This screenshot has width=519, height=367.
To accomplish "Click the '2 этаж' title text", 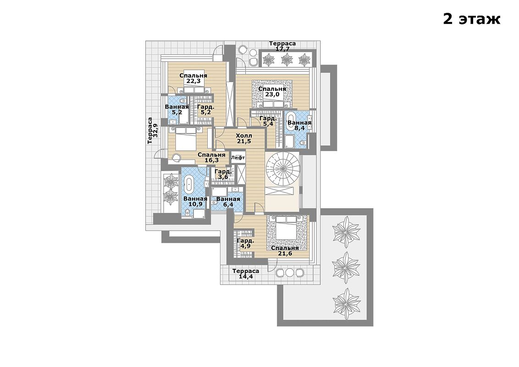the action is pyautogui.click(x=471, y=19).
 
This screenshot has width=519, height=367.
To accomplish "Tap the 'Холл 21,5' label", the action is pyautogui.click(x=244, y=139).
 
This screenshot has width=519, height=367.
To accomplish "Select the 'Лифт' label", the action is pyautogui.click(x=238, y=158).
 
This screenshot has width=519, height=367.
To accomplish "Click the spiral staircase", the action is pyautogui.click(x=282, y=169).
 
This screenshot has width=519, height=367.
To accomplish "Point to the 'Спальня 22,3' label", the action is pyautogui.click(x=193, y=78).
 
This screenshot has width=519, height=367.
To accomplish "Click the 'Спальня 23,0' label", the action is pyautogui.click(x=272, y=92).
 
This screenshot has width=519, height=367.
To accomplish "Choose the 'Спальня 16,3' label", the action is pyautogui.click(x=211, y=158).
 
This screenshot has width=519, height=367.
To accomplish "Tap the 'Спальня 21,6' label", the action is pyautogui.click(x=285, y=251).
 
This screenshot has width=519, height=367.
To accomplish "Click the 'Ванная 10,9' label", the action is pyautogui.click(x=195, y=201).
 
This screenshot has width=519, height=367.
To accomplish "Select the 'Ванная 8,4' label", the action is pyautogui.click(x=299, y=126).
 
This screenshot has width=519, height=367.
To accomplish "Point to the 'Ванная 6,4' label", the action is pyautogui.click(x=228, y=202).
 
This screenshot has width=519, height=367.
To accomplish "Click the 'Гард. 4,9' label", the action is pyautogui.click(x=245, y=244).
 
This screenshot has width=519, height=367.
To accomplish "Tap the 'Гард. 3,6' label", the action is pyautogui.click(x=223, y=174).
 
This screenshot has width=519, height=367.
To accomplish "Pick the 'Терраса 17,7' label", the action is pyautogui.click(x=282, y=46).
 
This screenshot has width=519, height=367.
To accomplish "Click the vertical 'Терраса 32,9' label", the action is pyautogui.click(x=152, y=130).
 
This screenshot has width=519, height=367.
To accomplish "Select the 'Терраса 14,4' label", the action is pyautogui.click(x=246, y=273).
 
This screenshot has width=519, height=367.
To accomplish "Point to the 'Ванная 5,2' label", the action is pyautogui.click(x=177, y=110).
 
